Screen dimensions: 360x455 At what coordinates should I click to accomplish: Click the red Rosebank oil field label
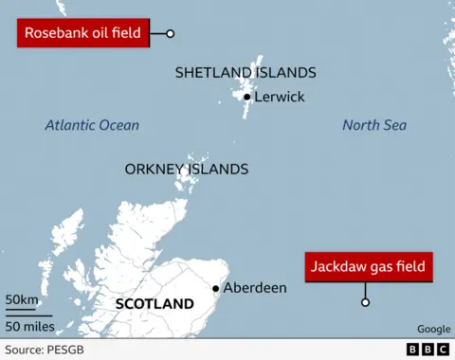83,34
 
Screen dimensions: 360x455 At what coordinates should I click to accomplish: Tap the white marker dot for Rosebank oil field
171,34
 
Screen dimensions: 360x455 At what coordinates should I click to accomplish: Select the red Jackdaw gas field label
369,266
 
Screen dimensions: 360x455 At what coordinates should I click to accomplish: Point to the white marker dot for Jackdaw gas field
365,303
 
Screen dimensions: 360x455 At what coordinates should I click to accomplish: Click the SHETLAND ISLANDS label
246,73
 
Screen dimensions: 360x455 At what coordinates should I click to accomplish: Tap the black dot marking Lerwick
247,97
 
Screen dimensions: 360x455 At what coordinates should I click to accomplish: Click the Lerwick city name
280,97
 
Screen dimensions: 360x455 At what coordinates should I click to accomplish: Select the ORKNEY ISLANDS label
187,170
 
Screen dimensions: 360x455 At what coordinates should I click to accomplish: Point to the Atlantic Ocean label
92,125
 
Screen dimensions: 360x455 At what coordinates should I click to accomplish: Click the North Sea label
374,125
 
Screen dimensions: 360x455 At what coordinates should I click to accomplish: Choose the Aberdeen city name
255,288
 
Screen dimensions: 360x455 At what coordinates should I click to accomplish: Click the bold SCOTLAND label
154,304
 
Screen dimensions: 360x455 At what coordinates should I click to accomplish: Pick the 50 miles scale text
30,327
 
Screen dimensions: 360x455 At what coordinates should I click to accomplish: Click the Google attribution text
433,329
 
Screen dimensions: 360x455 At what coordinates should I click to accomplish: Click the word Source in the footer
24,350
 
